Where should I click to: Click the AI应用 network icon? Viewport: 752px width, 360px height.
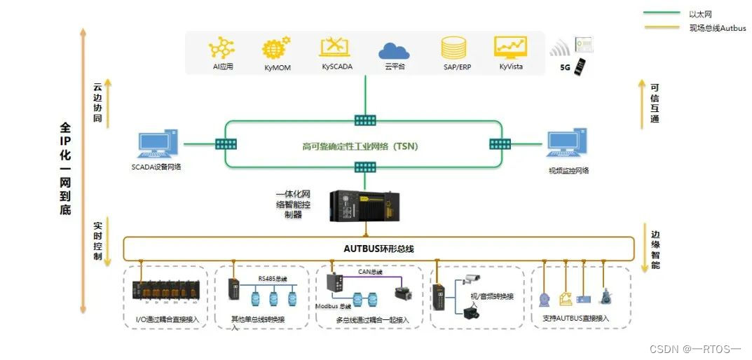pos(222,48)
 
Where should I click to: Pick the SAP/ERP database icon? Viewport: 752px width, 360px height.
pos(453,48)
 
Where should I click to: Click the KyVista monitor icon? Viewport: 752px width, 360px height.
pos(510,47)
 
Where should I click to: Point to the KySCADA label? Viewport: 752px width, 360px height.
pos(337,67)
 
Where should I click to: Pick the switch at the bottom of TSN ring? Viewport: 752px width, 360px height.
pos(364,167)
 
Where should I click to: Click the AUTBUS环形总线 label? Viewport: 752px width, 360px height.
pos(378,248)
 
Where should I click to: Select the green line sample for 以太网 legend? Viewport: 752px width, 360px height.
pos(661,13)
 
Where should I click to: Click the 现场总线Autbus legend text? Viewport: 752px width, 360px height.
pos(717,28)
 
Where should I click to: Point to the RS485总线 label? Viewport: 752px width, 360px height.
pos(272,279)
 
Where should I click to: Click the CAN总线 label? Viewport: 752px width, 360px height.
pos(370,272)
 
